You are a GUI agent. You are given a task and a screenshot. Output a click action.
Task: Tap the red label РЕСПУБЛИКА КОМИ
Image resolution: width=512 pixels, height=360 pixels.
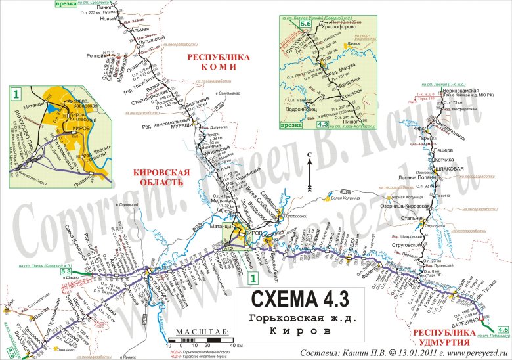pos(219,62)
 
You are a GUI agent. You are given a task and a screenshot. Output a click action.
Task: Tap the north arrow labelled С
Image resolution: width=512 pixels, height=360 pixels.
pos(308,157)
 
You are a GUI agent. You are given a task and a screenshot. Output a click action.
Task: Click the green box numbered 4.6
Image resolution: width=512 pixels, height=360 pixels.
pos(503,329)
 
